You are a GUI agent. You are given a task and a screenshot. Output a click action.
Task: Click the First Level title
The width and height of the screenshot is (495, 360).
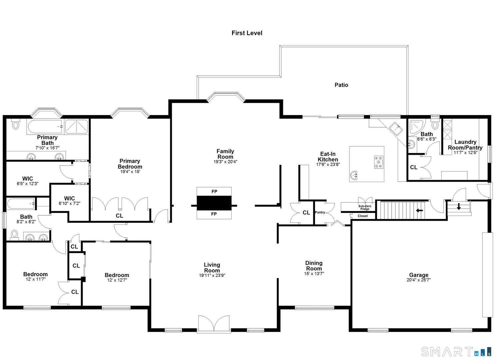[x=247, y=33]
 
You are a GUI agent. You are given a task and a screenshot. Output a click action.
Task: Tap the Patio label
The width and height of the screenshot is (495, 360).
[x=341, y=85]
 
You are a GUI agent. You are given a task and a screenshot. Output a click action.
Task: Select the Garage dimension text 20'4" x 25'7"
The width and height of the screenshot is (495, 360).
[x=418, y=280]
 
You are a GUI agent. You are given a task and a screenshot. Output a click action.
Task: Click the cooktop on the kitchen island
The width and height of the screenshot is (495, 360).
[x=379, y=162]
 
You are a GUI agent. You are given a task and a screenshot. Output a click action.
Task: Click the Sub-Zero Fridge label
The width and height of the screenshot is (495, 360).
[x=365, y=207]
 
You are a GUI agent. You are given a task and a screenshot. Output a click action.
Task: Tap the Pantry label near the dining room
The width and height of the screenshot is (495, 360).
[x=320, y=212]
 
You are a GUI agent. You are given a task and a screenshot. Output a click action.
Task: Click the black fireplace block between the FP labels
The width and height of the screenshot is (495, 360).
[x=214, y=203]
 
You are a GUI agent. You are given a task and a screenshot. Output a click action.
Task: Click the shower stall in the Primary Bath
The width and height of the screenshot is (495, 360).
[x=76, y=127]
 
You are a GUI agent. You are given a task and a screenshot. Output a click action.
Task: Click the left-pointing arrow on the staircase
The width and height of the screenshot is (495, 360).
[x=419, y=210]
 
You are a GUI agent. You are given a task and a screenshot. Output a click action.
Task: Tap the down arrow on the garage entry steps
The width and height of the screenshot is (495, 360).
[x=459, y=207]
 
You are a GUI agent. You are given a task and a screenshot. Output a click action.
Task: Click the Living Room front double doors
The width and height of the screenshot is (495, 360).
[x=214, y=324]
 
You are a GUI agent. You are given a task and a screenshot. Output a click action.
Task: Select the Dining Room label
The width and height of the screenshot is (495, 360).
[x=314, y=266]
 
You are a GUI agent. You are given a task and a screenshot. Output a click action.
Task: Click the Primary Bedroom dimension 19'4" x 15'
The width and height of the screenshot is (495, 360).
[x=130, y=172]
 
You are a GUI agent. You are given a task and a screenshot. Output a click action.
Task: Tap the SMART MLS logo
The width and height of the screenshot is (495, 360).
[x=456, y=351]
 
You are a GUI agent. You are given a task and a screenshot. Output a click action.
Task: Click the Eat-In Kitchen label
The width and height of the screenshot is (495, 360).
[x=328, y=157]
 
